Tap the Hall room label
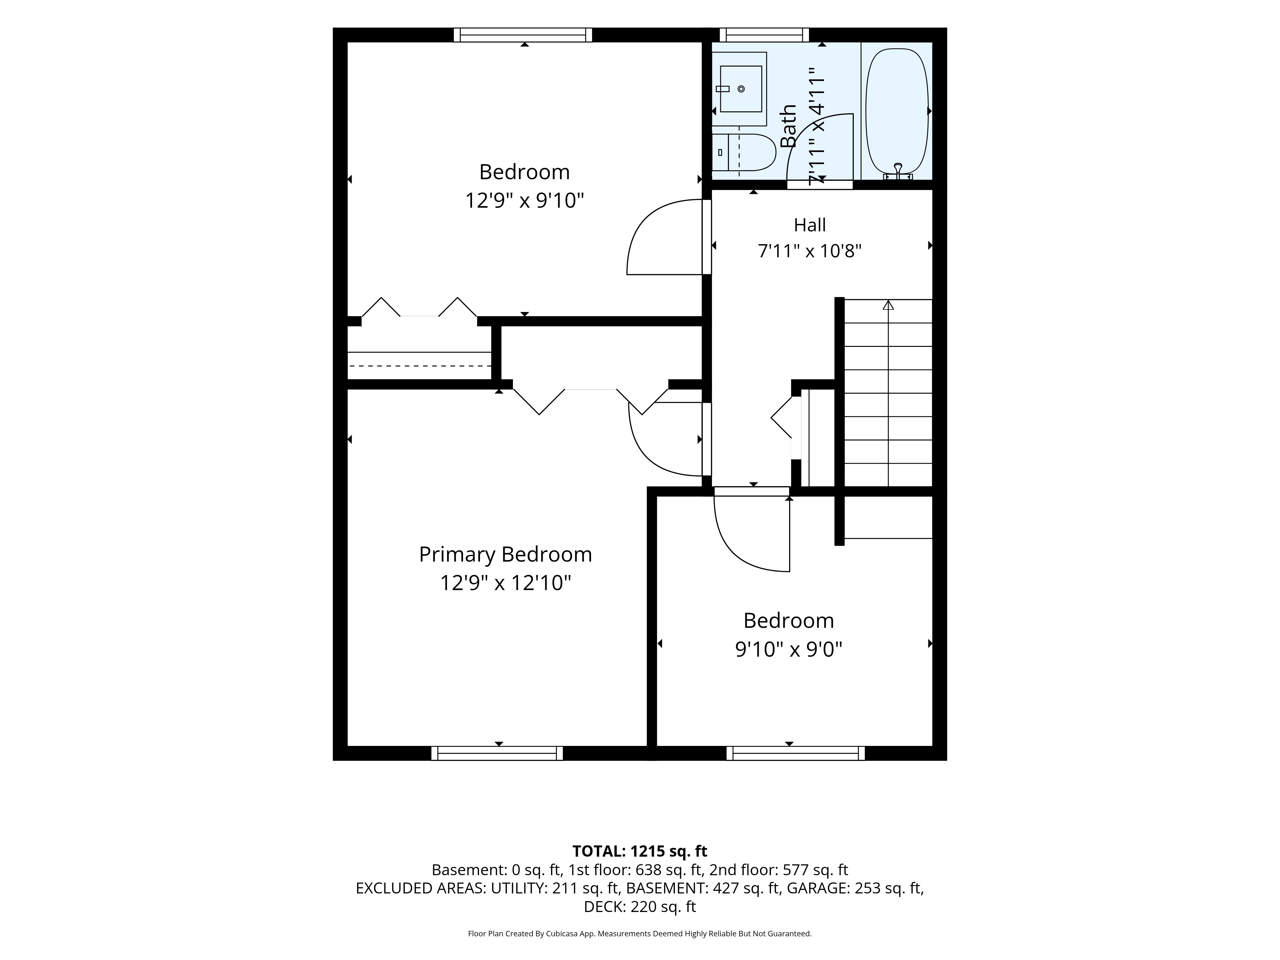click(810, 225)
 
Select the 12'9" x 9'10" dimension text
click(524, 201)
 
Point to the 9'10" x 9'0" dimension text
click(788, 649)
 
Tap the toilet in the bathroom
click(744, 153)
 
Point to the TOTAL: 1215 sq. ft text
click(639, 851)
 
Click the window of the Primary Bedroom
click(497, 753)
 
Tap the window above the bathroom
click(767, 35)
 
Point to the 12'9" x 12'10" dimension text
click(505, 583)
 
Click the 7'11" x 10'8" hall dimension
click(810, 251)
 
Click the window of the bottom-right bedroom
click(796, 753)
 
